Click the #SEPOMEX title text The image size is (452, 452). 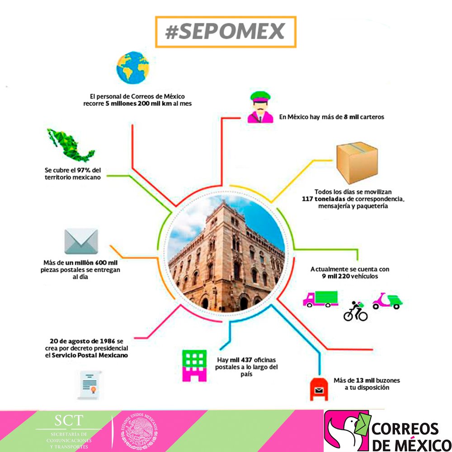coord(225,32)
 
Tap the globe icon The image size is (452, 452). coord(132,69)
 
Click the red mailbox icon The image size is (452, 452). coord(319,388)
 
